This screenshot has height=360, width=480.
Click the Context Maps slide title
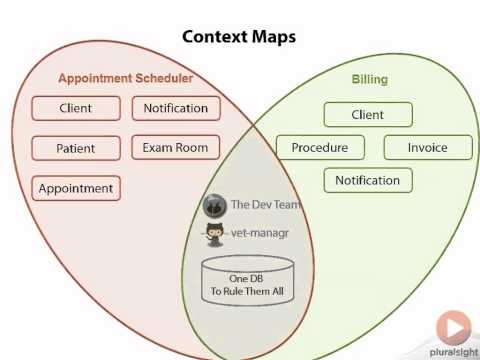click(239, 37)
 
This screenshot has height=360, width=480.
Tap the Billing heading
click(369, 78)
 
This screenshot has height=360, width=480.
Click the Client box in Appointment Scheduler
click(76, 108)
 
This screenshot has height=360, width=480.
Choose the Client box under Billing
click(368, 115)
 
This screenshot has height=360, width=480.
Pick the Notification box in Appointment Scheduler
click(175, 108)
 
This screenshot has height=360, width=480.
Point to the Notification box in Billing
click(367, 181)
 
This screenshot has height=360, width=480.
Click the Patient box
click(76, 148)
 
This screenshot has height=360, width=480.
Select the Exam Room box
click(175, 148)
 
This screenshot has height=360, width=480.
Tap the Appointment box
click(76, 187)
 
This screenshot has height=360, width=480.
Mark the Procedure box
click(320, 148)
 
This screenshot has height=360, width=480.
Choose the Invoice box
click(427, 148)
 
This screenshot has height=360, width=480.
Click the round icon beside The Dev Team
click(213, 205)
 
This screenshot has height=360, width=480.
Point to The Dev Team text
click(265, 205)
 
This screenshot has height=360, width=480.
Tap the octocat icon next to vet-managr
click(213, 235)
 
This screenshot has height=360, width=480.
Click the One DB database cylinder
click(248, 284)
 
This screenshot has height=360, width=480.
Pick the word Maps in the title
click(271, 37)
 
